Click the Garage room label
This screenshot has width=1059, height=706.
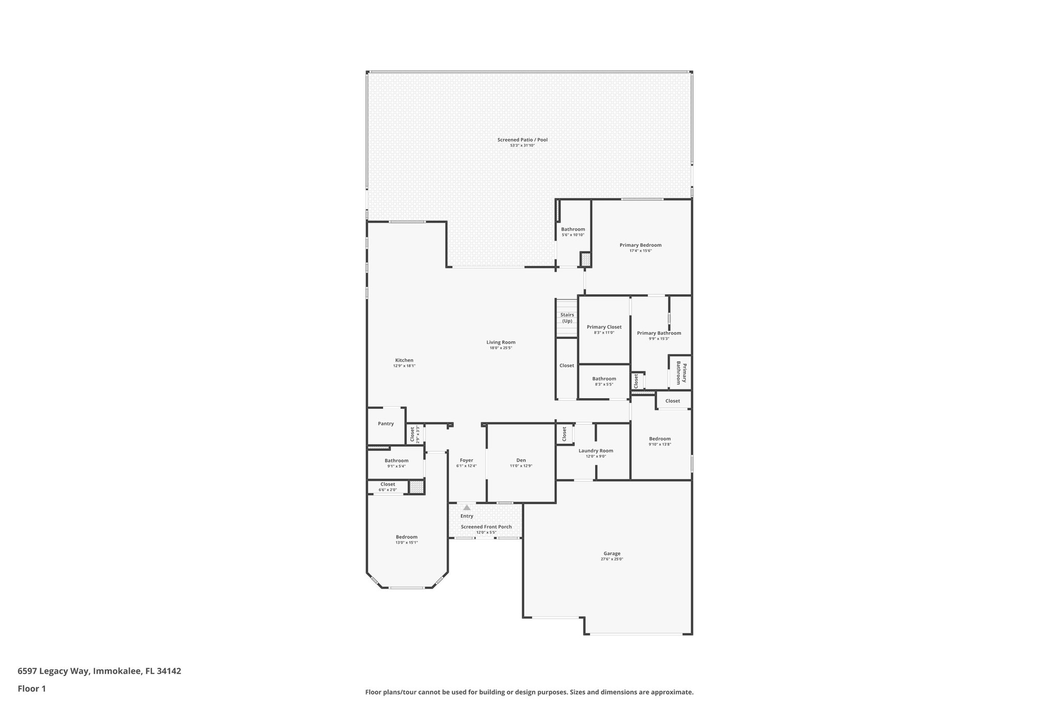click(612, 553)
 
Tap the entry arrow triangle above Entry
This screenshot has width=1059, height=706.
click(467, 508)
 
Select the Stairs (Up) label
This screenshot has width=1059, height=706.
click(567, 318)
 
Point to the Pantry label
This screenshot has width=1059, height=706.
click(386, 424)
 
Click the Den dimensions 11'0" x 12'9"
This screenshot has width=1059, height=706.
click(521, 466)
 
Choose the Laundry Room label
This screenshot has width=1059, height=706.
click(596, 450)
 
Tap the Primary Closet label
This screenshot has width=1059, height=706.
click(604, 327)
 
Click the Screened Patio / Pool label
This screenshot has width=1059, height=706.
click(522, 140)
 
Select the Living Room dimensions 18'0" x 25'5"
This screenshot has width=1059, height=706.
click(501, 348)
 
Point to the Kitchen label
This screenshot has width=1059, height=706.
click(404, 360)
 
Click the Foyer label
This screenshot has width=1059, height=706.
click(466, 460)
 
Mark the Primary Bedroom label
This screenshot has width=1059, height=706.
click(640, 245)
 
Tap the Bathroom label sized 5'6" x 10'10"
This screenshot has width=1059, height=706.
click(573, 229)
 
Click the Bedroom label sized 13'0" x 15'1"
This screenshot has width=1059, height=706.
click(406, 537)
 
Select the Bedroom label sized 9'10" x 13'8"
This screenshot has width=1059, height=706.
click(660, 439)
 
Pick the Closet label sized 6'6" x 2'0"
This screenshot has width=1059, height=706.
click(388, 485)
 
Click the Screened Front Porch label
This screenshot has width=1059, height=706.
click(486, 527)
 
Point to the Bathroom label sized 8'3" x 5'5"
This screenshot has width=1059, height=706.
click(604, 379)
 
